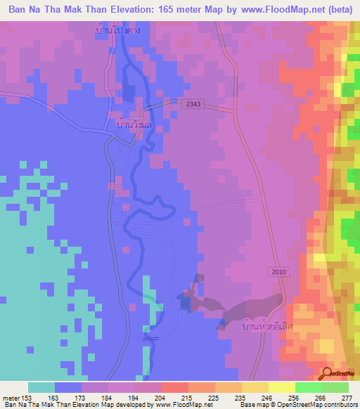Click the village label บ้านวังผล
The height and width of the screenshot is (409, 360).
133,124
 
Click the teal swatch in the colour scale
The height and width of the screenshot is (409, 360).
41,388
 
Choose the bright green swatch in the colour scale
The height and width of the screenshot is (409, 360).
308,388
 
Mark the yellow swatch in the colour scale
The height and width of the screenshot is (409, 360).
255,388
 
